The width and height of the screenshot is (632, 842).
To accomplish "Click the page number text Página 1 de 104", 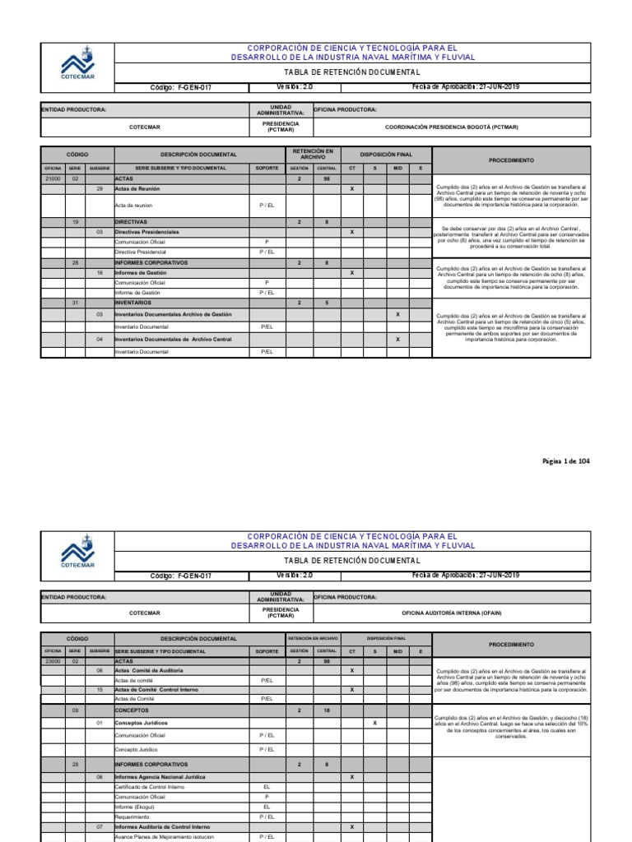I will [566, 461].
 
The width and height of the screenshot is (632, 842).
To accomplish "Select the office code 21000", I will [53, 178].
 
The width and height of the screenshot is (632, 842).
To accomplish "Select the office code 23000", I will [53, 660].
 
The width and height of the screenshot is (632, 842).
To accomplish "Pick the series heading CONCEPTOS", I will [130, 709].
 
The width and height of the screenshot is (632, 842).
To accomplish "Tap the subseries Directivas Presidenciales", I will [146, 232].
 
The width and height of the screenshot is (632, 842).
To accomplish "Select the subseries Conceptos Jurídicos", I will [141, 723].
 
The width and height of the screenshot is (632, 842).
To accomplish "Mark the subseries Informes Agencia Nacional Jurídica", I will [160, 776].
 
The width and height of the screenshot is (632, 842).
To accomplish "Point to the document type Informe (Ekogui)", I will [134, 807].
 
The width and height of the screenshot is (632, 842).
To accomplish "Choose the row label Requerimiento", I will [132, 817].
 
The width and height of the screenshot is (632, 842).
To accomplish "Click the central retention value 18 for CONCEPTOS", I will [327, 709].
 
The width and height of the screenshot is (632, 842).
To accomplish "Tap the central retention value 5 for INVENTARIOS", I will [327, 302].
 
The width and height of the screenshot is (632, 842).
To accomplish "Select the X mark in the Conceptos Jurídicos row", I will [374, 723].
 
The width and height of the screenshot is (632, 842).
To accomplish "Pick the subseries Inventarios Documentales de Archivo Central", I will [173, 339].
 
